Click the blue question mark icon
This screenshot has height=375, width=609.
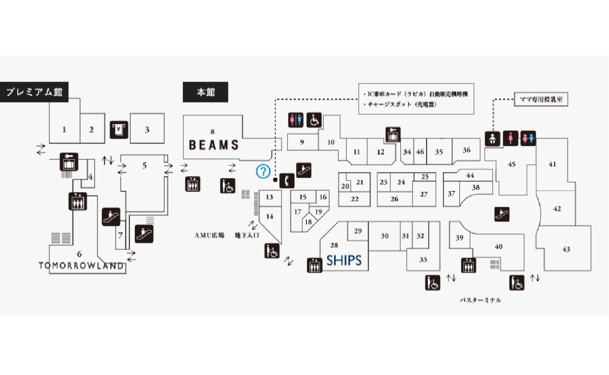(x=263, y=171)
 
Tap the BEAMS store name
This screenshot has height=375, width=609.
(x=214, y=145)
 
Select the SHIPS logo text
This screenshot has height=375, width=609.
(x=344, y=260)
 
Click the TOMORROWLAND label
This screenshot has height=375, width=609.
(x=81, y=266)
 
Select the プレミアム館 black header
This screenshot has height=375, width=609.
(x=34, y=92)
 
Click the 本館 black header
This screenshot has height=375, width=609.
(x=206, y=92)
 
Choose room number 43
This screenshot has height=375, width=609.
(x=566, y=250)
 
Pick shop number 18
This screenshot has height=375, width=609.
(x=308, y=221)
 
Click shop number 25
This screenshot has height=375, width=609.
(x=425, y=177)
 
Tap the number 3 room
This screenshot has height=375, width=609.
(x=147, y=130)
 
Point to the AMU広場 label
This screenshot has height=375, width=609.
(x=209, y=235)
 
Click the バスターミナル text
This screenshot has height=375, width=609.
(x=481, y=300)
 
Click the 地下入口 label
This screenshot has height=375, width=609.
(x=247, y=235)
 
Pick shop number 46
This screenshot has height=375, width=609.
(x=420, y=151)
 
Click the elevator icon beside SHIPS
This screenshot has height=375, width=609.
(x=315, y=265)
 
